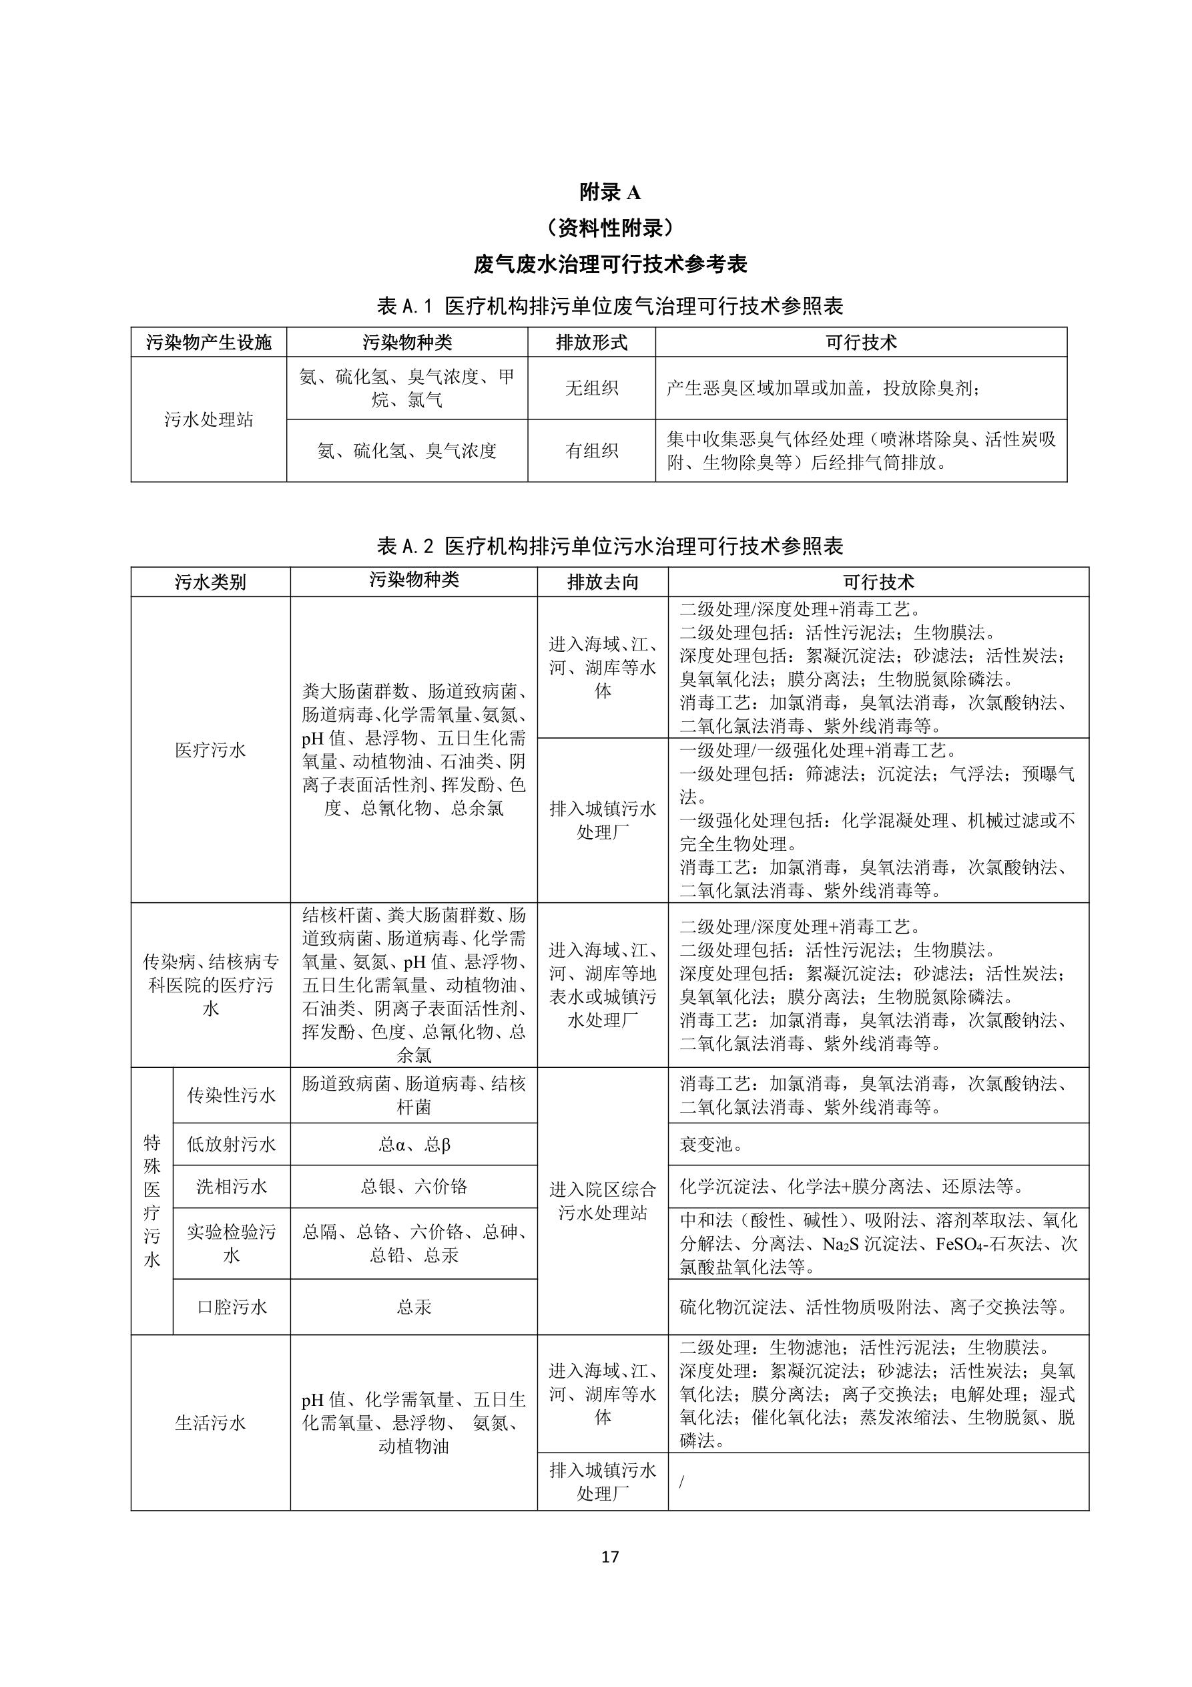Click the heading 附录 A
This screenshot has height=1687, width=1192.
click(609, 192)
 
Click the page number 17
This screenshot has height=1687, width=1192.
click(609, 1555)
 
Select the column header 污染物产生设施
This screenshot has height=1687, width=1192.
click(209, 343)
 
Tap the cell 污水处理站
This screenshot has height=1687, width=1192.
click(209, 419)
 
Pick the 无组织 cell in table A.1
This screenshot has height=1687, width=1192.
click(591, 388)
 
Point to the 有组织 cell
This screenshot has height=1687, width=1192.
click(591, 450)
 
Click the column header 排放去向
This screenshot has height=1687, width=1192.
click(602, 582)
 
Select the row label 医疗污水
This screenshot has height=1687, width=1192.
click(210, 749)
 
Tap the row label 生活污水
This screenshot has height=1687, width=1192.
click(210, 1423)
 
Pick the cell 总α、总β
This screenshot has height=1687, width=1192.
click(414, 1144)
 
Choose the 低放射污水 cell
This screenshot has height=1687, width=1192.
click(232, 1144)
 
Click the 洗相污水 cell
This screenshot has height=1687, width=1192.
click(232, 1187)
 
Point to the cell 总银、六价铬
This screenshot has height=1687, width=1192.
click(414, 1187)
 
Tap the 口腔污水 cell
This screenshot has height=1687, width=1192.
click(232, 1307)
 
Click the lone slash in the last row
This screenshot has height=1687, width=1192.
click(681, 1482)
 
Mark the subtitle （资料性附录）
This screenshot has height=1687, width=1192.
click(609, 228)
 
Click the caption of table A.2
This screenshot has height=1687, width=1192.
click(609, 546)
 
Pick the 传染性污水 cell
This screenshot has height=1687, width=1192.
click(232, 1095)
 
